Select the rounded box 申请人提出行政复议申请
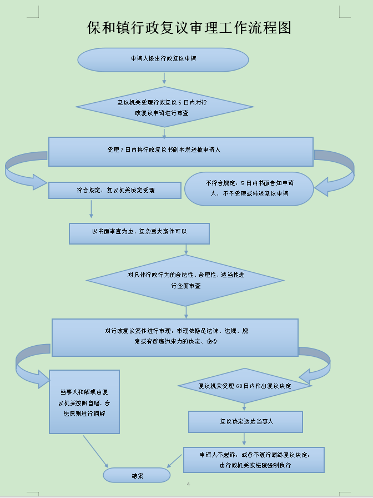click(163, 59)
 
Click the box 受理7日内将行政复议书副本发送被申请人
click(181, 151)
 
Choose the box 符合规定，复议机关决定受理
click(115, 191)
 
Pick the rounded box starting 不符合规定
click(249, 188)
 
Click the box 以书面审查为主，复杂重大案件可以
click(139, 233)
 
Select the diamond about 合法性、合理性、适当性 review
click(185, 280)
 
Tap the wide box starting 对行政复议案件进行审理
click(175, 337)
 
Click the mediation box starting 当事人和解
click(84, 401)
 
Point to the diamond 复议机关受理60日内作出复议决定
click(244, 385)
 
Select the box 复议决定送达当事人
click(245, 421)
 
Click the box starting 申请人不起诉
click(254, 460)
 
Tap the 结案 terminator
click(137, 475)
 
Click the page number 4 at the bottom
click(188, 485)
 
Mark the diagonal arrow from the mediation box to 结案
click(95, 451)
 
